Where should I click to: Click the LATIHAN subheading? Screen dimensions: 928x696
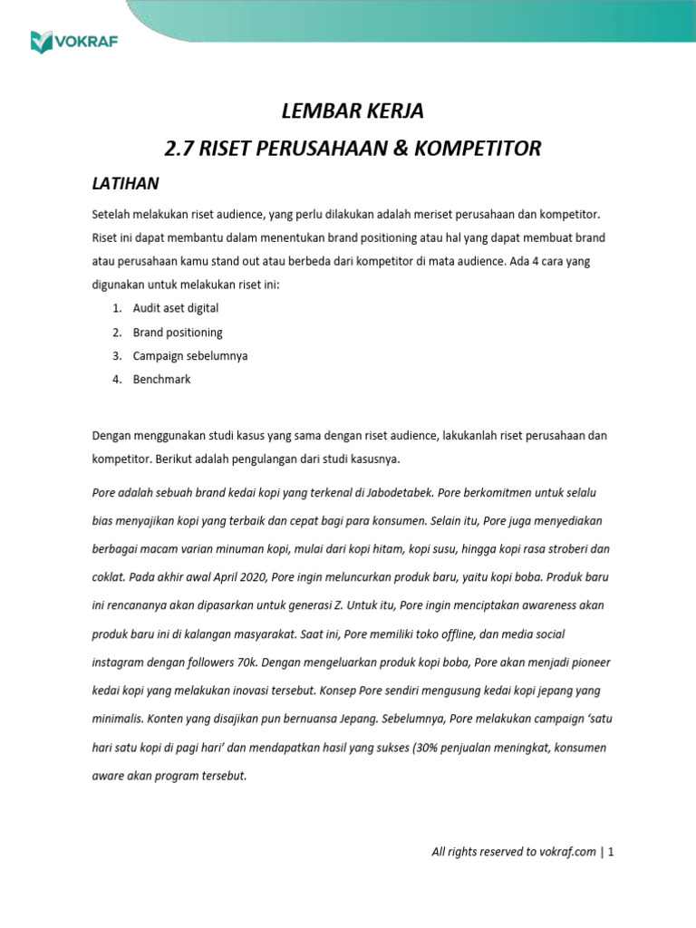(126, 184)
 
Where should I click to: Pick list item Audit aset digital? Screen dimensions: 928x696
(175, 308)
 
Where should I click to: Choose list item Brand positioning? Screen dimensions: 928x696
(178, 332)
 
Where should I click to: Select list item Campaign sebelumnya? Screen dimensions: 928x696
(189, 355)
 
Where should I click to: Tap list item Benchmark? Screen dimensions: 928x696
(161, 379)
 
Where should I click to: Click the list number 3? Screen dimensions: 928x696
(117, 355)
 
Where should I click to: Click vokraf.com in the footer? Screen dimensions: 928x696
(574, 852)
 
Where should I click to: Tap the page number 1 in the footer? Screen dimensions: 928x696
(611, 852)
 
